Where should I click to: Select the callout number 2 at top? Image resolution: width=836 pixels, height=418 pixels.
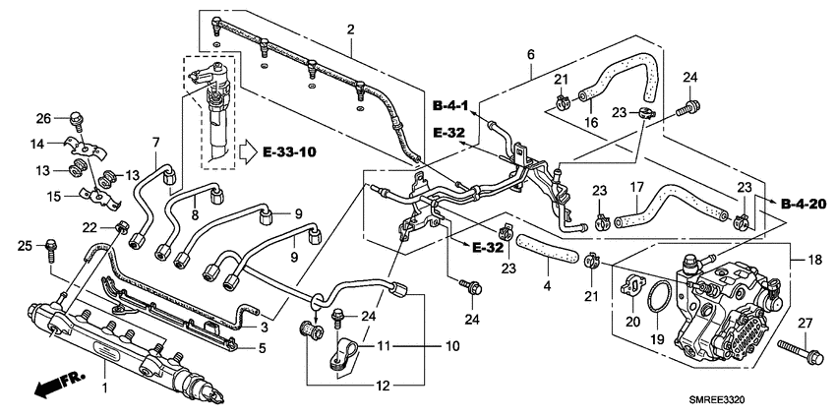(349, 30)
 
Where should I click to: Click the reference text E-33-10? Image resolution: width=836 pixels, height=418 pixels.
(290, 151)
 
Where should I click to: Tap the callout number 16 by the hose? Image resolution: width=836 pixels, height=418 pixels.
(592, 122)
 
